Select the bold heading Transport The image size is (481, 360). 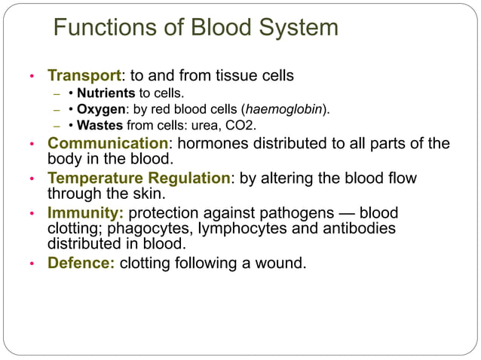click(x=84, y=76)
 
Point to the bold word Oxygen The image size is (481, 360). click(x=100, y=109)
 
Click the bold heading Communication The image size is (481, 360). click(x=107, y=143)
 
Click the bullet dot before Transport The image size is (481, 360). click(x=32, y=77)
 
